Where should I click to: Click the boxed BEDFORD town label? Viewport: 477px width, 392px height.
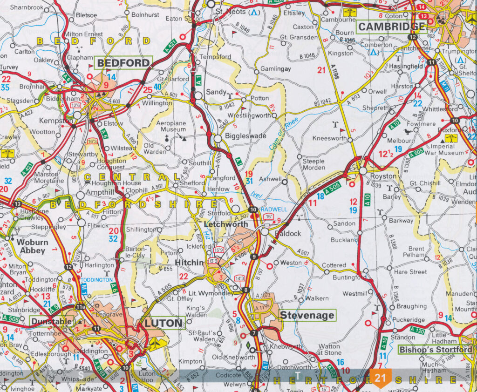tap(124, 62)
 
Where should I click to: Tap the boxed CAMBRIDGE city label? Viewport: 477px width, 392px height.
tap(392, 27)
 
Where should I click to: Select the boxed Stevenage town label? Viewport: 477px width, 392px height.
tap(307, 315)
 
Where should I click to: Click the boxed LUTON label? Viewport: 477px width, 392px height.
tap(163, 323)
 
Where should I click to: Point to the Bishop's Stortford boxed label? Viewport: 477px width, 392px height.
tap(436, 350)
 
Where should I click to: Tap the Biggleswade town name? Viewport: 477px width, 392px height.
tap(245, 136)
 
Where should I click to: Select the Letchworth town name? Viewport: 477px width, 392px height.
tap(226, 224)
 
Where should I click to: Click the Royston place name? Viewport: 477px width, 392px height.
tap(383, 176)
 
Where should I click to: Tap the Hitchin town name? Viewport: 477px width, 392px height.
tap(189, 263)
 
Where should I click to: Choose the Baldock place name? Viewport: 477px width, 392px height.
tap(288, 233)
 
